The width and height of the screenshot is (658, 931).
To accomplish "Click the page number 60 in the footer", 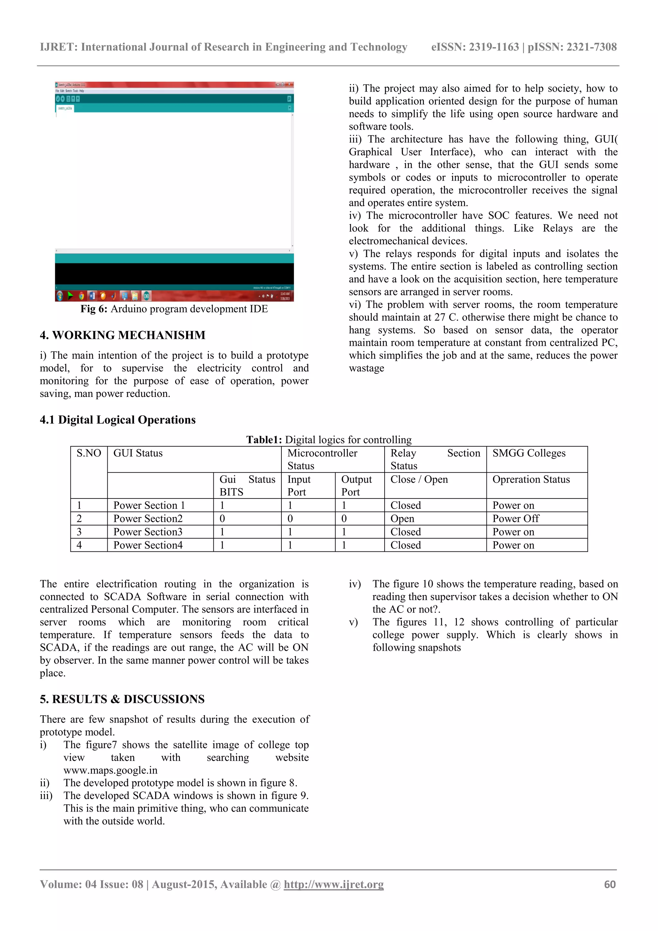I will (609, 884).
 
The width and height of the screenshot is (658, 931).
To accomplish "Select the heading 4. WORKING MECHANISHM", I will (122, 335).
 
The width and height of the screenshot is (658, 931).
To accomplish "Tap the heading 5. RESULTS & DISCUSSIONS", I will (122, 699).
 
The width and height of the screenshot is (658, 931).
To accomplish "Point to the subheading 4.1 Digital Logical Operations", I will (118, 420).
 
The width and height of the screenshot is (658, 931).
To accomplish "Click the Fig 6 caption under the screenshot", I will (174, 309).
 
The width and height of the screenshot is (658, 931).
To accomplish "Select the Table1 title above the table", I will (329, 440).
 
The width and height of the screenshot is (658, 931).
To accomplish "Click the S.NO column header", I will (89, 453).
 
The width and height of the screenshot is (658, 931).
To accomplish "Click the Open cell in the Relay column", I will (402, 519).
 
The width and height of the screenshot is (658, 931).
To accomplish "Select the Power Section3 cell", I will (148, 532).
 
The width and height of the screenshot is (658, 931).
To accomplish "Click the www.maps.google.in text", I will (110, 770).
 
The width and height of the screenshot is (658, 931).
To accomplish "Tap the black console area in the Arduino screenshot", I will (174, 274).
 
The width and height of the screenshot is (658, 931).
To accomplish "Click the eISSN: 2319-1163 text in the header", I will (475, 47).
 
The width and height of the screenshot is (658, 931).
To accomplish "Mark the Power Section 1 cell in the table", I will (149, 505).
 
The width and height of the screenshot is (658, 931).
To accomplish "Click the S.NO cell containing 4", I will (79, 545).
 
